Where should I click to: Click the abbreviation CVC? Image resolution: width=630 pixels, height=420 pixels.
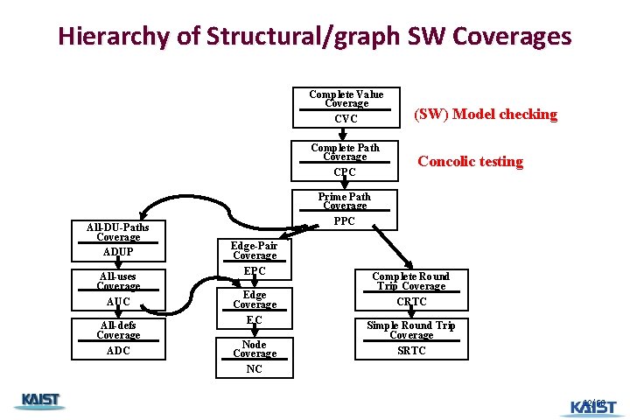tap(346, 119)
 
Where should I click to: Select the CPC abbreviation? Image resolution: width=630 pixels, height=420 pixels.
tap(345, 172)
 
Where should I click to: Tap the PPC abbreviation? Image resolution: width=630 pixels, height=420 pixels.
tap(345, 221)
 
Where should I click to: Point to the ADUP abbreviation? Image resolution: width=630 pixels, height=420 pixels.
tap(118, 252)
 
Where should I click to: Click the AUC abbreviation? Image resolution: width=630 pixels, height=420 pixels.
tap(118, 302)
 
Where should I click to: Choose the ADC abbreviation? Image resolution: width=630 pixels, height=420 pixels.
tap(118, 351)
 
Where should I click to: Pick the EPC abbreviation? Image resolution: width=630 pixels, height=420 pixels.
tap(255, 271)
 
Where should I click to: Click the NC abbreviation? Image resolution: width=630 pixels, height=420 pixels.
tap(254, 369)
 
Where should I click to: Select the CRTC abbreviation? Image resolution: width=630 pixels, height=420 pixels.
tap(411, 302)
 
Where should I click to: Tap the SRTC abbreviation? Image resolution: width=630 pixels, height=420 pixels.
tap(411, 351)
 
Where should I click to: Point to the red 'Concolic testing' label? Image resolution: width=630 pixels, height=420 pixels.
tap(470, 161)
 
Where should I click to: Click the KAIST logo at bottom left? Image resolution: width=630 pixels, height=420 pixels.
tap(39, 401)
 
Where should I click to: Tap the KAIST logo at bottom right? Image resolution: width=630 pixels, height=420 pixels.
tap(592, 406)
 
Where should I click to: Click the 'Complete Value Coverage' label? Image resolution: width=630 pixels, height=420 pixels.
tap(346, 99)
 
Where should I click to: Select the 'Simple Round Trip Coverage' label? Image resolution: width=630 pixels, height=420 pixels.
tap(411, 330)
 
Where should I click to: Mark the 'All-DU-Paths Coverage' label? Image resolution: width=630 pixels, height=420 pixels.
tap(118, 232)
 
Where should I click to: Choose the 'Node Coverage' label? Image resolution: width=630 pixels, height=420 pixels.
tap(254, 349)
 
